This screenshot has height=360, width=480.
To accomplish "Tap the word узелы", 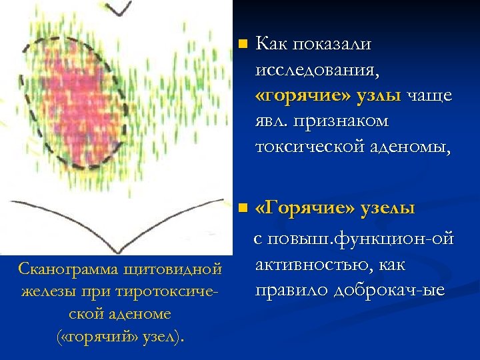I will click(387, 209).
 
